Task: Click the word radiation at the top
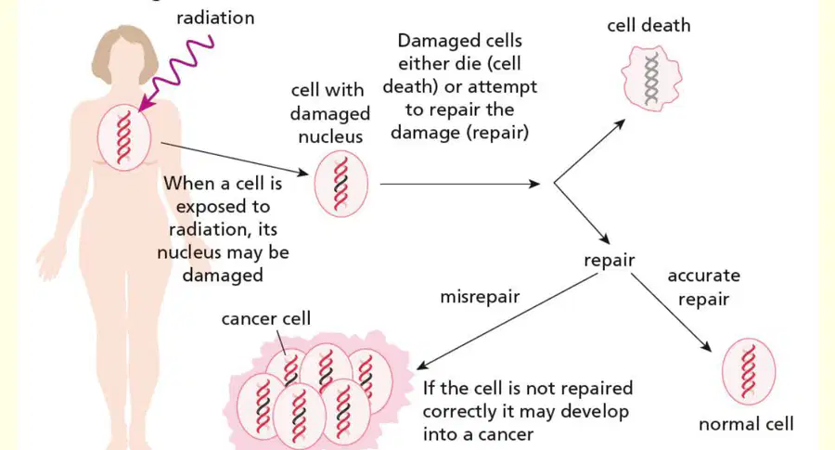click(x=215, y=18)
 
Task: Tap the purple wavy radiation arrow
click(x=177, y=71)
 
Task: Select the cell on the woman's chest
click(x=124, y=137)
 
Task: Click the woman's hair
click(x=124, y=51)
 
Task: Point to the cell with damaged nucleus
click(x=340, y=184)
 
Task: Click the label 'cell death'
click(x=649, y=25)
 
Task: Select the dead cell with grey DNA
click(x=652, y=78)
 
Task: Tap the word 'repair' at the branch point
click(x=610, y=261)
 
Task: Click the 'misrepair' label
click(x=480, y=297)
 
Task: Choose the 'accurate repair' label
click(x=703, y=287)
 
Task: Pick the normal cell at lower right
click(x=748, y=372)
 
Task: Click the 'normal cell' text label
click(x=746, y=424)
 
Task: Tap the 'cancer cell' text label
click(x=265, y=318)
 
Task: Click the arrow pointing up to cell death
click(x=589, y=151)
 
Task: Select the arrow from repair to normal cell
click(x=671, y=313)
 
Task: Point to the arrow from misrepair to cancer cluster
click(x=507, y=321)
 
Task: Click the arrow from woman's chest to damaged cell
click(x=235, y=159)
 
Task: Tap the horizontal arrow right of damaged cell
click(x=460, y=185)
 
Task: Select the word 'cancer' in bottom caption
click(x=479, y=435)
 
